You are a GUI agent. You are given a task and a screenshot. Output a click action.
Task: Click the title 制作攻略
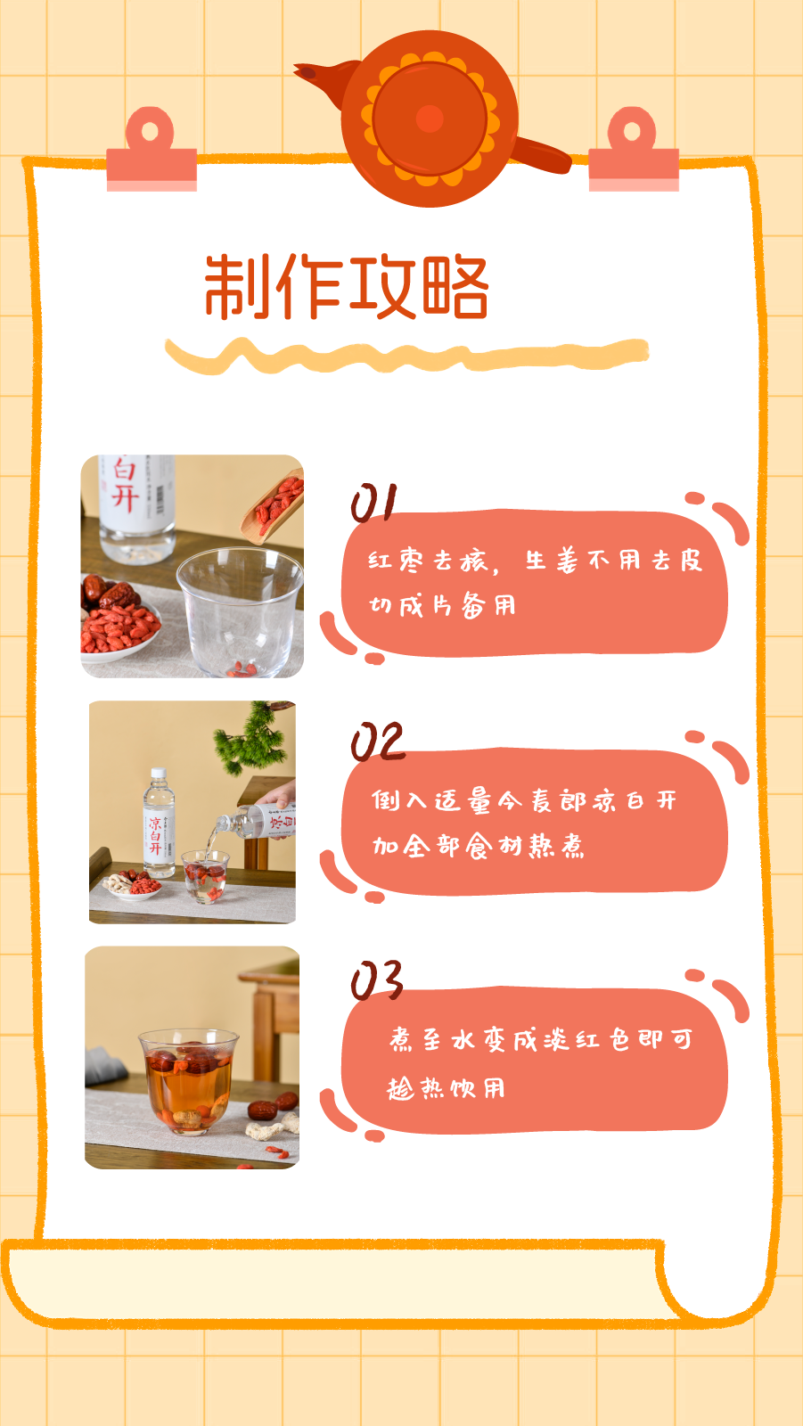347,286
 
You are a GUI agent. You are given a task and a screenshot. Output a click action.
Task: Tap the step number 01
373,503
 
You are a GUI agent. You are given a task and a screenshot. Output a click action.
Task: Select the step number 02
378,741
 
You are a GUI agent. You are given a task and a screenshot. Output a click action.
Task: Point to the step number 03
377,980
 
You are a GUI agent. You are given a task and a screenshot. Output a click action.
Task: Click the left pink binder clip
152,152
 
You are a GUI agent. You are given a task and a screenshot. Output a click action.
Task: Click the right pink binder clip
634,152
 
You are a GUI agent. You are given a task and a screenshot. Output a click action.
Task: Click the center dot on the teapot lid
430,119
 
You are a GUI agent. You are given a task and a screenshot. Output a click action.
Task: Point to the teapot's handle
540,155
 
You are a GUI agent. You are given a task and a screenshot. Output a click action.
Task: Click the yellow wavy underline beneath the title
407,356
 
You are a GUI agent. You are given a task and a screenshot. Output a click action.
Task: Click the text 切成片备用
442,605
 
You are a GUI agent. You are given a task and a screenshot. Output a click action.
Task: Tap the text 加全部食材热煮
478,846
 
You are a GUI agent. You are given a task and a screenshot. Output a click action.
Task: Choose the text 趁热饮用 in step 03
446,1088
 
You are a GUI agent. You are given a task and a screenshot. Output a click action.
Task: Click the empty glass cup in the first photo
240,611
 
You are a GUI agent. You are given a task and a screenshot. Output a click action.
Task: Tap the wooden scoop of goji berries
273,507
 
